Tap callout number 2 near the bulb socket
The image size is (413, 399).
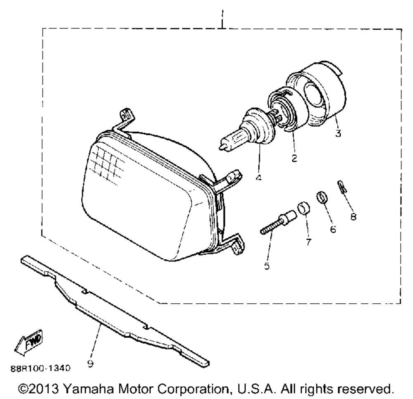pyautogui.click(x=294, y=158)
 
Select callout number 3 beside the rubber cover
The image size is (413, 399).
pyautogui.click(x=338, y=135)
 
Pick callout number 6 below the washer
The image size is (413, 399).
pyautogui.click(x=332, y=228)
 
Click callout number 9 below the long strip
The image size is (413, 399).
pyautogui.click(x=90, y=363)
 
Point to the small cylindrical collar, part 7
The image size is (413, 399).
pyautogui.click(x=304, y=208)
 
